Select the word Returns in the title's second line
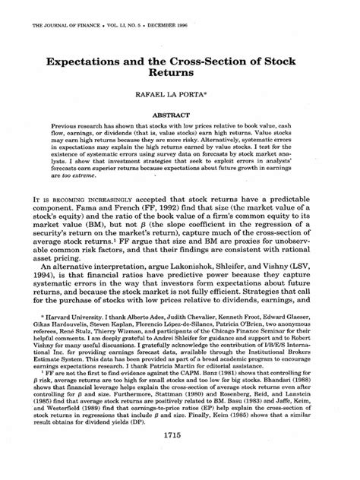click(179, 75)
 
